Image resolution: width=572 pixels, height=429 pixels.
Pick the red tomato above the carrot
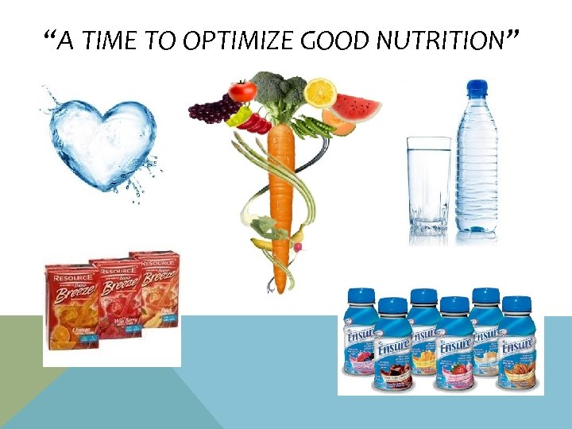242,91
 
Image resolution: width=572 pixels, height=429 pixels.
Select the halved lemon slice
320,92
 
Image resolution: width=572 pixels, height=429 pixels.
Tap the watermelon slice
357,106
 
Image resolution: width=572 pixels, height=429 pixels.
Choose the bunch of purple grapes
211,110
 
